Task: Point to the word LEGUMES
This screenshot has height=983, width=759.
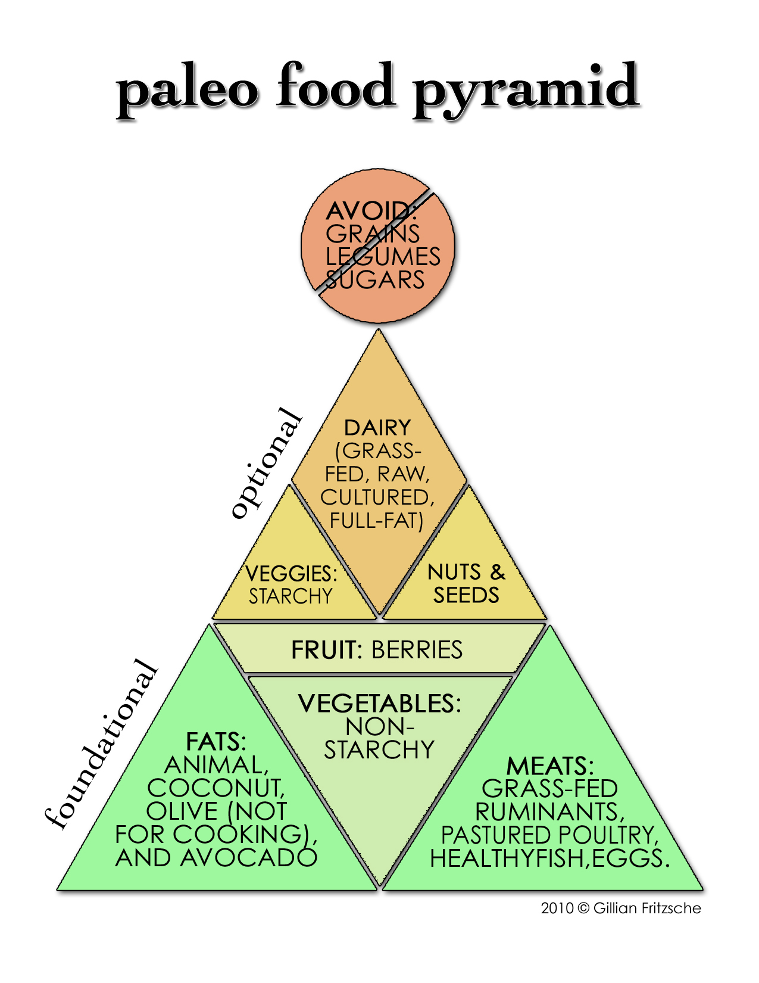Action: [x=383, y=257]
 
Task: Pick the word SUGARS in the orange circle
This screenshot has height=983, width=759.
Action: [x=376, y=280]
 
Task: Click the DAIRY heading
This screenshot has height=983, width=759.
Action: [x=377, y=428]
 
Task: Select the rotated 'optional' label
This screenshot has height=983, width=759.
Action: [x=266, y=463]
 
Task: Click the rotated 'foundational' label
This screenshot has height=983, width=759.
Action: [x=102, y=744]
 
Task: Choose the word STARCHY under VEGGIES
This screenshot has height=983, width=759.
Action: [x=290, y=596]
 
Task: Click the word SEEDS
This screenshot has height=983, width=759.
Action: [x=466, y=595]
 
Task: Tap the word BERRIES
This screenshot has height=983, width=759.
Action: [x=417, y=650]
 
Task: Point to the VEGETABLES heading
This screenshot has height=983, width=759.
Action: [x=379, y=704]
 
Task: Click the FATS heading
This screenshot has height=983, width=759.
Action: [x=215, y=742]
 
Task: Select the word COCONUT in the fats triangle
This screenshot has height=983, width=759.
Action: [x=215, y=788]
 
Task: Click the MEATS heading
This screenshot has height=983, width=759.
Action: [x=549, y=766]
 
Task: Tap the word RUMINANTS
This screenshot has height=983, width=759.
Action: [x=549, y=812]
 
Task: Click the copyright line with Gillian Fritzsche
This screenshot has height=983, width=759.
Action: [x=621, y=908]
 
